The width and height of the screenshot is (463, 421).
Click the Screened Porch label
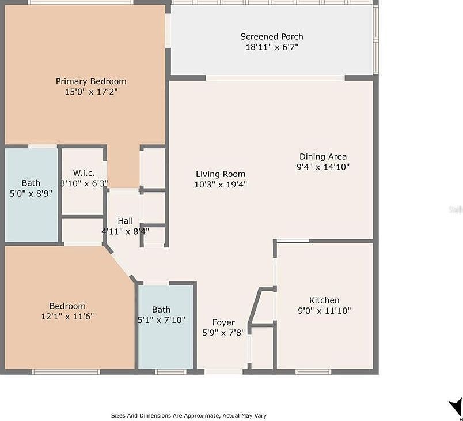[271, 37]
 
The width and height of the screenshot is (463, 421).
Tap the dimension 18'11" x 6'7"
[271, 47]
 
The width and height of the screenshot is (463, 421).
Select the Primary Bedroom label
[91, 81]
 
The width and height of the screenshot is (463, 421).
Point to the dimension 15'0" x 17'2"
[91, 91]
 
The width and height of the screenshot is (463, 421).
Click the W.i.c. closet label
[84, 172]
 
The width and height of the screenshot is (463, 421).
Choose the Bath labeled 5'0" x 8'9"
[31, 183]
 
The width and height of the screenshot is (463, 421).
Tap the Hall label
[125, 221]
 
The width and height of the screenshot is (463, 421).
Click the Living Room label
[221, 174]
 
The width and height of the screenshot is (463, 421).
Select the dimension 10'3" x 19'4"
[221, 185]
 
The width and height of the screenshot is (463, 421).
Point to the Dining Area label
[322, 156]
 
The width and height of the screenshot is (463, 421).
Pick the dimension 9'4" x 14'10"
[322, 167]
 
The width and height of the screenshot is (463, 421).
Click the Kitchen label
[324, 300]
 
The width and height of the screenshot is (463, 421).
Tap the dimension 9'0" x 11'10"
[324, 310]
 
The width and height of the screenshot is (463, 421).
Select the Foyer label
[223, 322]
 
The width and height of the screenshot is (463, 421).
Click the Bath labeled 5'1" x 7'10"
[161, 310]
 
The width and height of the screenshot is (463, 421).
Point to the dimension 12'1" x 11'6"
[67, 316]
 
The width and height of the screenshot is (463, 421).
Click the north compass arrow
[455, 405]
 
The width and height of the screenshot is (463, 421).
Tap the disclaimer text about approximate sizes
[188, 415]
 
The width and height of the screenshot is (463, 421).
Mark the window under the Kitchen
[313, 372]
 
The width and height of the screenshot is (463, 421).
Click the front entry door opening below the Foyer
[223, 372]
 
